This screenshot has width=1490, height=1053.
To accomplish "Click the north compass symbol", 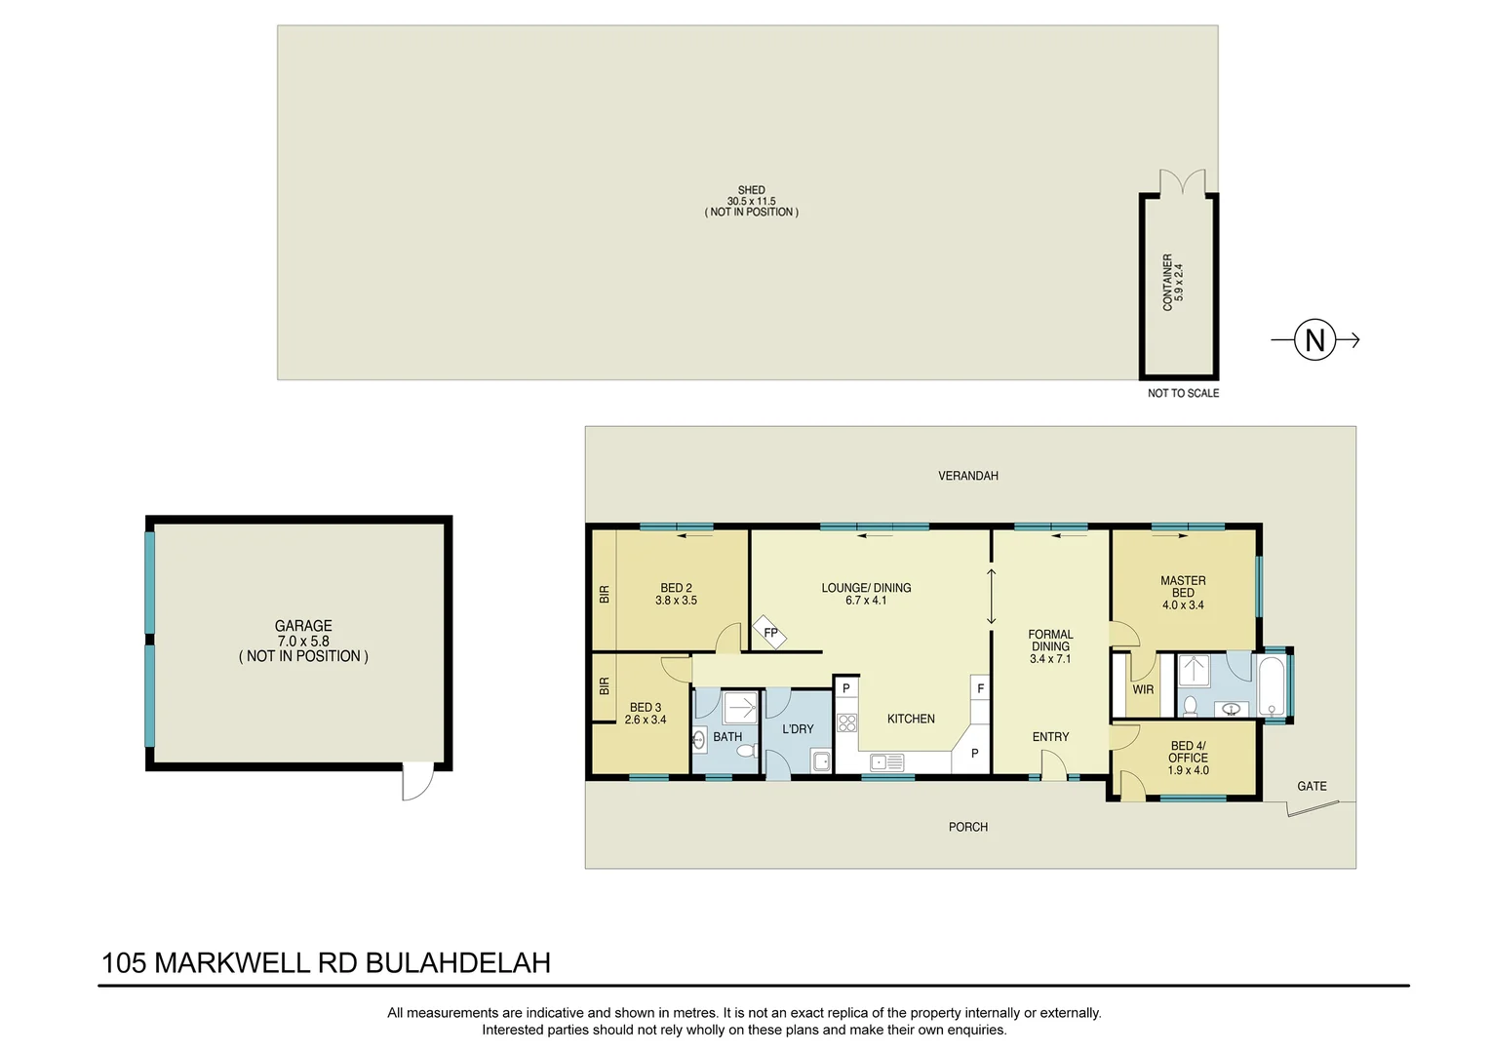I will click(1314, 340).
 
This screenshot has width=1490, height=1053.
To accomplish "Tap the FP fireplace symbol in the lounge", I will click(769, 633).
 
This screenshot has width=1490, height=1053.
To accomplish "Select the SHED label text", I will click(751, 190).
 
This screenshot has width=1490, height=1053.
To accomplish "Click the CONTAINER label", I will click(1167, 283).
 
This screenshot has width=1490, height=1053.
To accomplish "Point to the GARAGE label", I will click(303, 626).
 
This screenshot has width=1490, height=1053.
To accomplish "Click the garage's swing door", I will click(417, 782).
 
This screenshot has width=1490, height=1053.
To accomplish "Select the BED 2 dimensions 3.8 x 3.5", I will click(676, 601).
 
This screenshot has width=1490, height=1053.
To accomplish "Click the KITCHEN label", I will click(911, 719).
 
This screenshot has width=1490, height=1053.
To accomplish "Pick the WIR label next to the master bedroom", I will click(1143, 689).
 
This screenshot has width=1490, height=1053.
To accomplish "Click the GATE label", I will click(1312, 786).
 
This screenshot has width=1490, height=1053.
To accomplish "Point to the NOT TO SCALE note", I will click(1183, 393).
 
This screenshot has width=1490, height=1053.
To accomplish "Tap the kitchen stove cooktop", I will click(846, 722).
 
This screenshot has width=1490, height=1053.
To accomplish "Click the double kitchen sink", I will click(886, 762).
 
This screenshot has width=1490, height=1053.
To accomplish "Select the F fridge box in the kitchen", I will click(980, 688).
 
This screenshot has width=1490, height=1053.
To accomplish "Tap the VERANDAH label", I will click(967, 476).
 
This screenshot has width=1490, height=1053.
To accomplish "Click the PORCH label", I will click(967, 827).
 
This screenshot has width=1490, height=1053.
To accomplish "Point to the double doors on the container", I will click(1182, 182).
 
